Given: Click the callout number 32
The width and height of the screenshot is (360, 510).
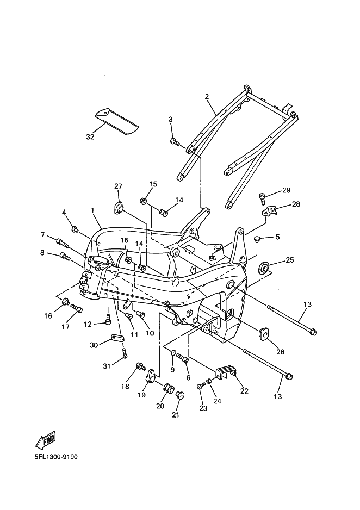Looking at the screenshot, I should pyautogui.click(x=90, y=137).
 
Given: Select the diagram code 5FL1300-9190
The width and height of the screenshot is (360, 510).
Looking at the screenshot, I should pyautogui.click(x=52, y=457).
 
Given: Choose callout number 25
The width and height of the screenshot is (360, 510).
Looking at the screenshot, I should pyautogui.click(x=289, y=260).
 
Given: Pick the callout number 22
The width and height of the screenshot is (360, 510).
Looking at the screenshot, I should pyautogui.click(x=244, y=391).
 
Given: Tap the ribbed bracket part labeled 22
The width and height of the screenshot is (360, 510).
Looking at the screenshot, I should pyautogui.click(x=227, y=372).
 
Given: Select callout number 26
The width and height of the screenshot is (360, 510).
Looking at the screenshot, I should pyautogui.click(x=280, y=352).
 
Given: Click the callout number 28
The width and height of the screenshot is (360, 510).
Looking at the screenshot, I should pyautogui.click(x=296, y=204).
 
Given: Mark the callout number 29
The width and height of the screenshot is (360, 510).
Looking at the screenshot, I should pyautogui.click(x=287, y=190).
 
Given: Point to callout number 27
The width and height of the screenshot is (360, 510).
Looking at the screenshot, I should pyautogui.click(x=118, y=186).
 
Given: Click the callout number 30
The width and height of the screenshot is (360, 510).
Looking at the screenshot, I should pyautogui.click(x=94, y=345).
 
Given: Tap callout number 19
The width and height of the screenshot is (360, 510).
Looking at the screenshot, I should pyautogui.click(x=141, y=395).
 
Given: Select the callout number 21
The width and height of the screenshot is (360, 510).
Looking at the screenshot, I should pyautogui.click(x=175, y=415).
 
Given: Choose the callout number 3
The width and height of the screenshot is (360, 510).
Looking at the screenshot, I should pyautogui.click(x=170, y=119).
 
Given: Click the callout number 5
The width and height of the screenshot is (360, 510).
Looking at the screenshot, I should pyautogui.click(x=277, y=237).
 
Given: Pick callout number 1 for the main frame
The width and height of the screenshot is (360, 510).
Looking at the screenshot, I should pyautogui.click(x=92, y=210).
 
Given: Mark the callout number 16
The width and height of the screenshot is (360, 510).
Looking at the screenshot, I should pyautogui.click(x=48, y=316).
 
